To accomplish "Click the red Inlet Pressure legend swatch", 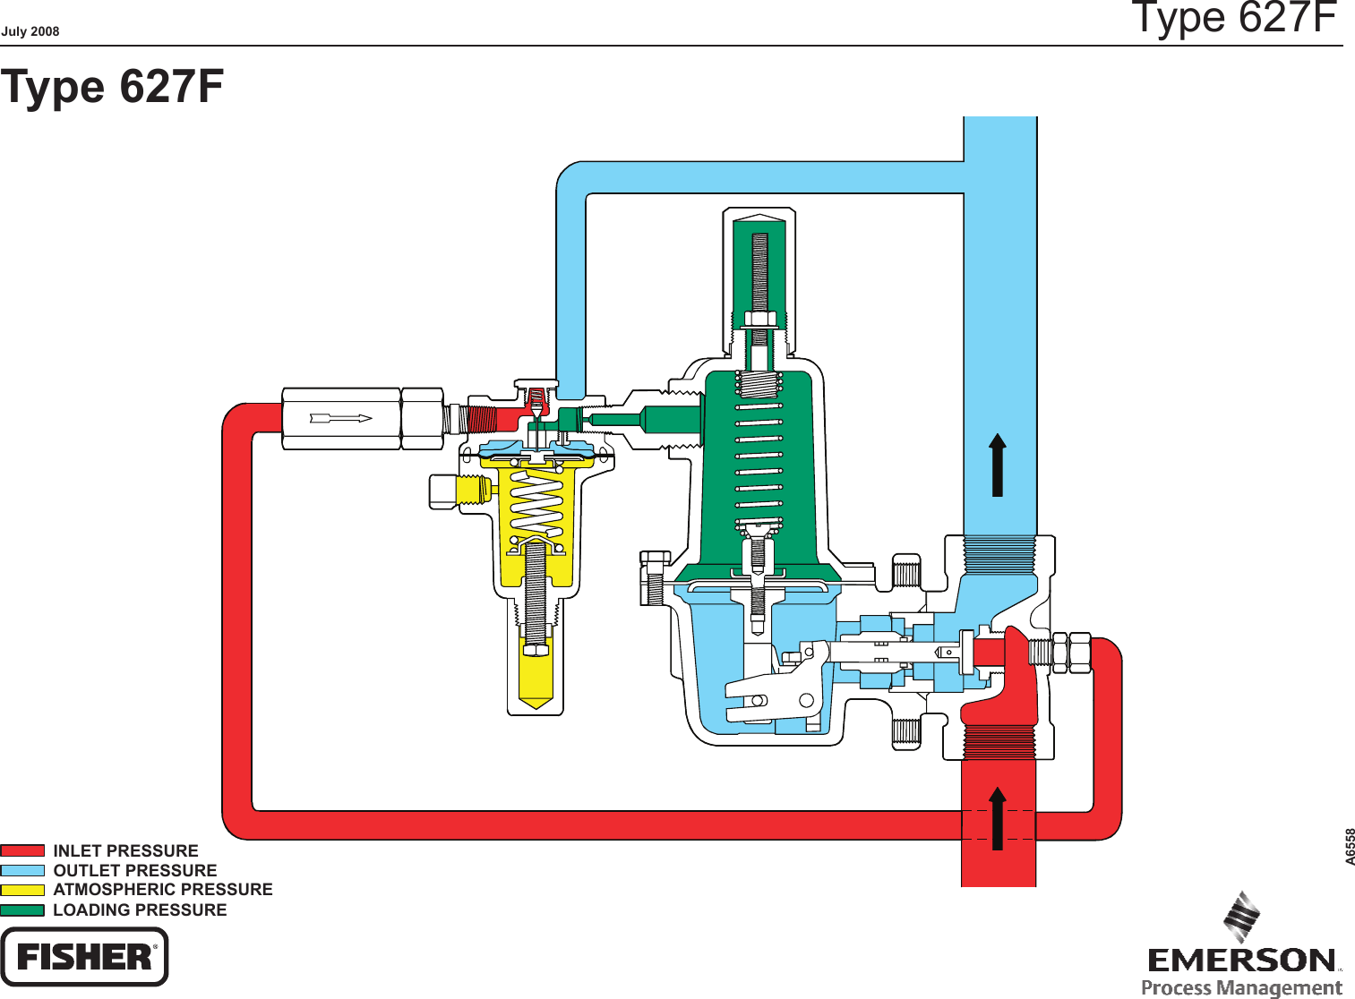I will point(22,850).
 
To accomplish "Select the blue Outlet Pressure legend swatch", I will point(22,870).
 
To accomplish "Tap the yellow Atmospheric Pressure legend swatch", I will point(22,890).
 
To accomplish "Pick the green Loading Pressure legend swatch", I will point(22,910).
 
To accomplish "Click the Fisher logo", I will point(84,957).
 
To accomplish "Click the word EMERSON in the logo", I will point(1242,961).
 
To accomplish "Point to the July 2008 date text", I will point(30,31).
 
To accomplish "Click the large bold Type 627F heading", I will point(112,87).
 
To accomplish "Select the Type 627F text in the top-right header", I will point(1233,18).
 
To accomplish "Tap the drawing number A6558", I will point(1350,846).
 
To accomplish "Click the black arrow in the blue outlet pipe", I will point(998,465).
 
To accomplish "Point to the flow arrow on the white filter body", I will point(340,418).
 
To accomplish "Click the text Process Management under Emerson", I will point(1241,987).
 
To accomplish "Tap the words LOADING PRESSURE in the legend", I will point(140,910).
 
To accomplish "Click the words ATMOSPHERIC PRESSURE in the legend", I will point(163,890).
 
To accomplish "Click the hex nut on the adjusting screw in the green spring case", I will point(759,319).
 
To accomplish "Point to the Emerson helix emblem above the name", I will point(1242,917).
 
